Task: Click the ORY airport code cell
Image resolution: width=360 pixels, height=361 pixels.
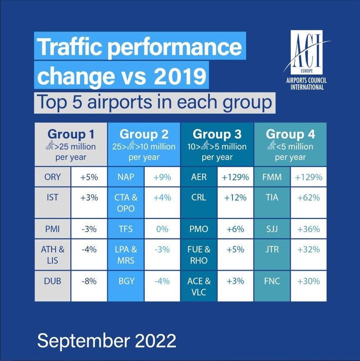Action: click(52, 177)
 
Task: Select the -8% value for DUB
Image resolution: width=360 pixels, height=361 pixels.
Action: click(89, 281)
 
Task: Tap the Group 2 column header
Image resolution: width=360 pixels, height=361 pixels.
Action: click(144, 134)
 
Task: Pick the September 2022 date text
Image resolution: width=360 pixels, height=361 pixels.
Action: click(107, 340)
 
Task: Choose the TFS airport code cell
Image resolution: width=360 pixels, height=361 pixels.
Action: click(125, 229)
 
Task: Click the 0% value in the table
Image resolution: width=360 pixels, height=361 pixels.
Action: click(162, 229)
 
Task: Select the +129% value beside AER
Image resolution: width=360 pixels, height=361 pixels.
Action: click(235, 177)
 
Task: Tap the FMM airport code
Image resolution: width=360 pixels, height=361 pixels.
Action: click(272, 177)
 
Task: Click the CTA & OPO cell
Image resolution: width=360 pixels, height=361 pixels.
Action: click(125, 203)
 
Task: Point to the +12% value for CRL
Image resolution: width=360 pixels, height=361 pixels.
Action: click(235, 197)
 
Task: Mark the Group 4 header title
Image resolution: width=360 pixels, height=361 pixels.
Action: click(290, 134)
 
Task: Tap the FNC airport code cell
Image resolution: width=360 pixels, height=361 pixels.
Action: click(272, 281)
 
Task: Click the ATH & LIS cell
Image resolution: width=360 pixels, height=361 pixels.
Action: click(52, 255)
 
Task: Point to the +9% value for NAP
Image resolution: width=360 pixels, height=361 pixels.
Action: click(162, 177)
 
